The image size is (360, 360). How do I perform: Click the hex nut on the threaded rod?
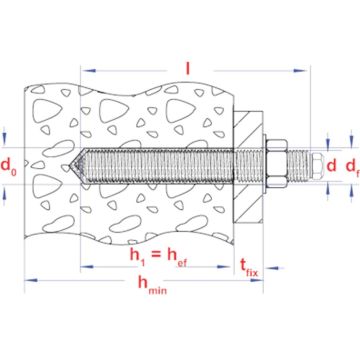[294, 162]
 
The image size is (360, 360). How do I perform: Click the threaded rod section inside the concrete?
[160, 162]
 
